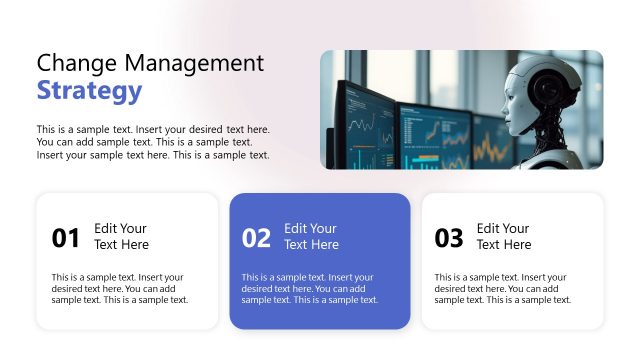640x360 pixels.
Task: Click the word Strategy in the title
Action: point(89,91)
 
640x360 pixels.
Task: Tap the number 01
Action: point(65,238)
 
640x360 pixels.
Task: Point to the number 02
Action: point(257,238)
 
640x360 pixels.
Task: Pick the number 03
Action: point(449,238)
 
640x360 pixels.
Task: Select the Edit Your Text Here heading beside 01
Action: point(121,236)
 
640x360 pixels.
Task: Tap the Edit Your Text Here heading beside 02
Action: point(311,236)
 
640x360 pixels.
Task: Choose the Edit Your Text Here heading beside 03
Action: point(504,236)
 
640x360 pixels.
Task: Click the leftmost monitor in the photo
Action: point(362,124)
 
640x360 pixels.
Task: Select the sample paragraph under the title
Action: point(153,142)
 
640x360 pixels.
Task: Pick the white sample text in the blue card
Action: point(310,288)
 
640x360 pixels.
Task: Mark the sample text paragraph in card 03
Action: point(502,288)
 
